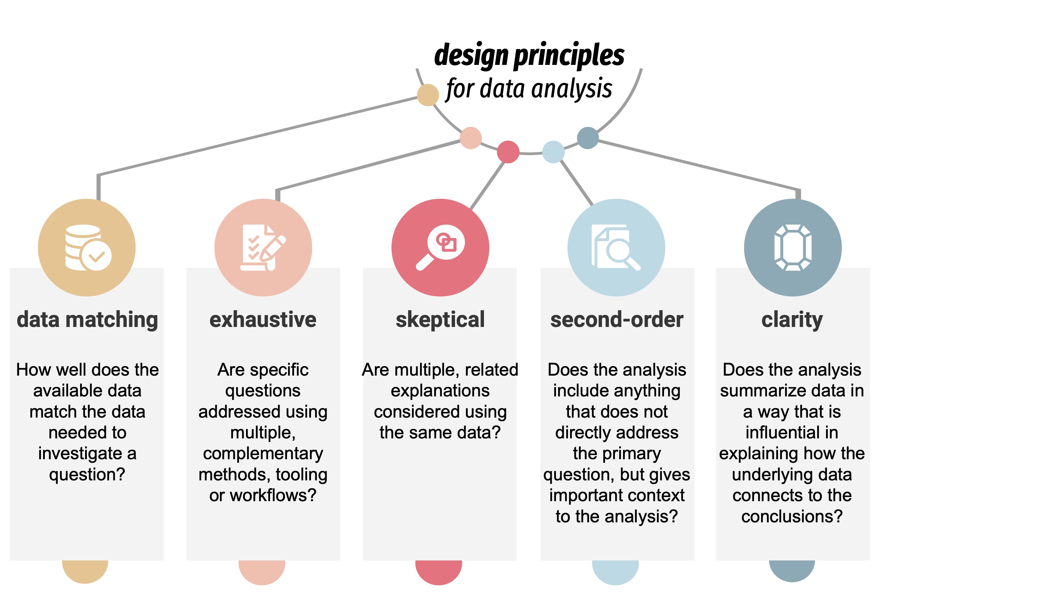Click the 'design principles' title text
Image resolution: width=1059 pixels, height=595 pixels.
[529, 55]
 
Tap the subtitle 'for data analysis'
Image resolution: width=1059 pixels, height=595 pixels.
[529, 89]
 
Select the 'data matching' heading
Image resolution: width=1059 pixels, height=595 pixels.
[87, 320]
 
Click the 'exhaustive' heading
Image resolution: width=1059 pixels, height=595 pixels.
[263, 320]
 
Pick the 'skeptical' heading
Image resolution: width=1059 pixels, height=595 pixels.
[440, 320]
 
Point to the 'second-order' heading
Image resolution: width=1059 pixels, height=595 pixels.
[617, 320]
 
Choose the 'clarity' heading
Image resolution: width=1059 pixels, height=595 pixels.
[792, 320]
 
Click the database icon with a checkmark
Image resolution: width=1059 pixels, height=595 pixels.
[88, 248]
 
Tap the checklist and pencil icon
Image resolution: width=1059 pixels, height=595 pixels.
[263, 248]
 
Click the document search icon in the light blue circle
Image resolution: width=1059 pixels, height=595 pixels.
[616, 248]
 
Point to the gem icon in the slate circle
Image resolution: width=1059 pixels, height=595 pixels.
[792, 248]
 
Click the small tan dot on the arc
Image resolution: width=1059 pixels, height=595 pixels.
[428, 95]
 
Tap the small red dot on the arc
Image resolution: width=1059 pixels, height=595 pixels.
[508, 152]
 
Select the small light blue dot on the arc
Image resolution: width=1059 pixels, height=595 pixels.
[554, 152]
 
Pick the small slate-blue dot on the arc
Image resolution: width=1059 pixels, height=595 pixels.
[588, 138]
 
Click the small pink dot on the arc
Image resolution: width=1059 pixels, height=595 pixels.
[471, 138]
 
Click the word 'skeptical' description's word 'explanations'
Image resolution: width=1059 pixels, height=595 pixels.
[440, 390]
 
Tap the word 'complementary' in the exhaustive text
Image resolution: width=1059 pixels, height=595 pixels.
[263, 453]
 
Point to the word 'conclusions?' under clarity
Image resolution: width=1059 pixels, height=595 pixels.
[792, 516]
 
